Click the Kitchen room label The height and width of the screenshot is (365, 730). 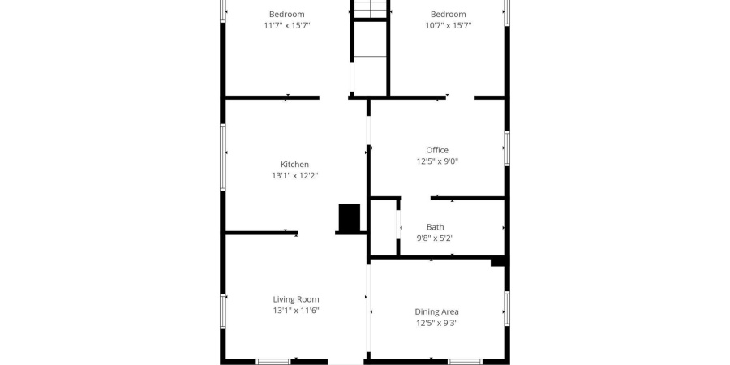point(294,165)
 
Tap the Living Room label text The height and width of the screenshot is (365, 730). point(295,299)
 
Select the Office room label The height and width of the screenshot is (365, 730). point(437,150)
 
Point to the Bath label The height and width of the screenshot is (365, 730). point(435,227)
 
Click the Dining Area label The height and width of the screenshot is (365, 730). point(437,311)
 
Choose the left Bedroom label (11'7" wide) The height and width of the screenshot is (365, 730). point(287,14)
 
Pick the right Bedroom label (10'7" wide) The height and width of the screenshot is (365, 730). point(448,14)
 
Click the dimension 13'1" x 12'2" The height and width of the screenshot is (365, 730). point(294,176)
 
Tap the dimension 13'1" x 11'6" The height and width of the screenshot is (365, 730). point(295,311)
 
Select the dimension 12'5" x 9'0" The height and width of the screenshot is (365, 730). point(437,161)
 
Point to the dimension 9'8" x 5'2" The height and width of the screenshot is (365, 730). point(435,238)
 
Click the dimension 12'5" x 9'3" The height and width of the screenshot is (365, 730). point(437,323)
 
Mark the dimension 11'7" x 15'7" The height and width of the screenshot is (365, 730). point(287,25)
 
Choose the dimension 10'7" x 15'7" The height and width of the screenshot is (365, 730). point(448,25)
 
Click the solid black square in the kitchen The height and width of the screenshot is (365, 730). point(349,217)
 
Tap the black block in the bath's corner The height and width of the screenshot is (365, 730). point(498,261)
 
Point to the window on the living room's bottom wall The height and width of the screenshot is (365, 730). point(273,361)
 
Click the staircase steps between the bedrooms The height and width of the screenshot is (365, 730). point(371,9)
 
